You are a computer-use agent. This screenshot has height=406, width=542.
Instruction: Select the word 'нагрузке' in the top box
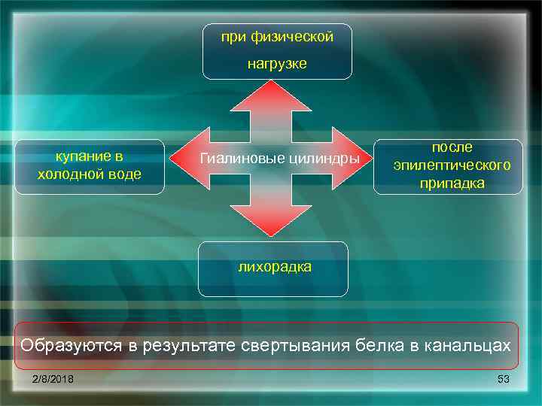pyautogui.click(x=278, y=64)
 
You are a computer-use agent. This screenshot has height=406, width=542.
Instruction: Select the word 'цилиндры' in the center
pyautogui.click(x=325, y=159)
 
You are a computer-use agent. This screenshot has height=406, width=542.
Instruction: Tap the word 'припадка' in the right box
pyautogui.click(x=452, y=183)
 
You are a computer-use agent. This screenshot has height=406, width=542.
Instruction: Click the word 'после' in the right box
pyautogui.click(x=452, y=148)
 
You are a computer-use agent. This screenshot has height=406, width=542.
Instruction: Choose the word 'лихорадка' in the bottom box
pyautogui.click(x=274, y=266)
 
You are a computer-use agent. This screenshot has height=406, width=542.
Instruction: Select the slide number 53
pyautogui.click(x=504, y=379)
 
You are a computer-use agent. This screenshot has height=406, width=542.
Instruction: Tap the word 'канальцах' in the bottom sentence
pyautogui.click(x=468, y=346)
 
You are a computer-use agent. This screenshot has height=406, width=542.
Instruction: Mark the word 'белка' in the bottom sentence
pyautogui.click(x=394, y=346)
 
